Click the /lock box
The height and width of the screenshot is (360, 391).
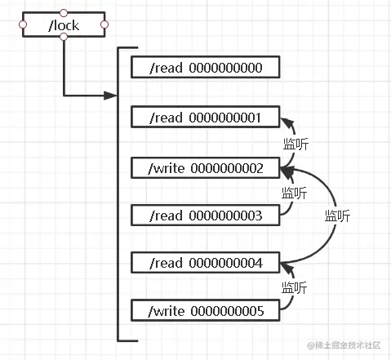[x=64, y=24]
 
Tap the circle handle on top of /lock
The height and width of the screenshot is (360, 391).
[x=64, y=12]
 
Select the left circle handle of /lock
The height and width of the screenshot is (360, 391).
[x=23, y=24]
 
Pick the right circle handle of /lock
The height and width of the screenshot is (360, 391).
[x=104, y=24]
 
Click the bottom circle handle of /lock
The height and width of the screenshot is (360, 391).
[x=64, y=37]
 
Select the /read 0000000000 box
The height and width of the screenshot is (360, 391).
[x=206, y=67]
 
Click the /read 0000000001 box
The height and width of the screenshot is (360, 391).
[x=206, y=117]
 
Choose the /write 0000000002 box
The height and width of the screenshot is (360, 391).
[x=206, y=168]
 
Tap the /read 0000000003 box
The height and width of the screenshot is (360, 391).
[x=206, y=216]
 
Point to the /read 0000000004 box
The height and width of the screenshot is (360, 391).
[x=206, y=263]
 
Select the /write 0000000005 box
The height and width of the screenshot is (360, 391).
[x=206, y=310]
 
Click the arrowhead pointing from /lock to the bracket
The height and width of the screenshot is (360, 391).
[x=110, y=96]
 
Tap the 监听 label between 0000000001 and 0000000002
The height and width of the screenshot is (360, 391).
[x=295, y=144]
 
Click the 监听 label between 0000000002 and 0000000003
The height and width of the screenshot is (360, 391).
[x=295, y=193]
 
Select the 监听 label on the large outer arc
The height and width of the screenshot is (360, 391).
[x=337, y=216]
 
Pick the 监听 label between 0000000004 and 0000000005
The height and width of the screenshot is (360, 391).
[x=295, y=287]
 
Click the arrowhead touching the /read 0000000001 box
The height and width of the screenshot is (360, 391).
[x=287, y=122]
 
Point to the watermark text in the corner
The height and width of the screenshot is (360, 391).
[x=344, y=345]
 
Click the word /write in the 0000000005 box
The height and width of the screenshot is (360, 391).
[x=167, y=311]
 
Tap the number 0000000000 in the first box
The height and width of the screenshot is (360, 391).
[x=225, y=68]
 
